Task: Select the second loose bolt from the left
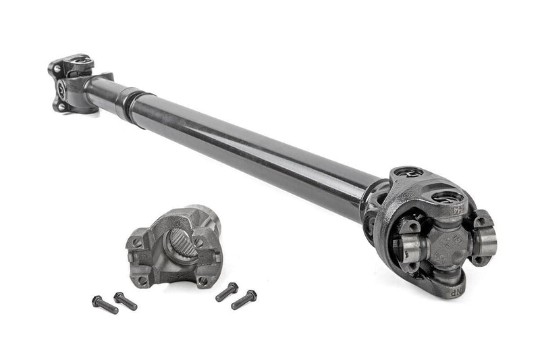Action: (126, 301)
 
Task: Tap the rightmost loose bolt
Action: (244, 299)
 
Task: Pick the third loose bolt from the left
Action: (227, 291)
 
